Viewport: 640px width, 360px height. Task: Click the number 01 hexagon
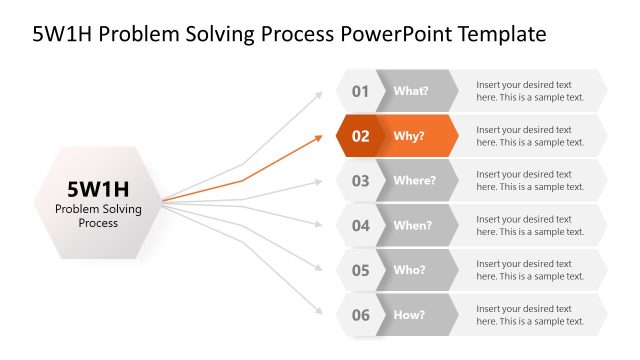pyautogui.click(x=360, y=91)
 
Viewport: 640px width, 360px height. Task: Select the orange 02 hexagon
pyautogui.click(x=360, y=136)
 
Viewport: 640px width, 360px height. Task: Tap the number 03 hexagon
pyautogui.click(x=360, y=181)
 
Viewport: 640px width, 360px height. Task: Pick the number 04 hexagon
pyautogui.click(x=360, y=225)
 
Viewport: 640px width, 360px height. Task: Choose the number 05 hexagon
pyautogui.click(x=360, y=270)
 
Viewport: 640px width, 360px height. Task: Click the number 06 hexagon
pyautogui.click(x=360, y=315)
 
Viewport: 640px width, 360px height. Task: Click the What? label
pyautogui.click(x=411, y=91)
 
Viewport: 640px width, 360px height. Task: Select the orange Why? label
pyautogui.click(x=409, y=136)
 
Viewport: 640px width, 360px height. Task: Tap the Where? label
pyautogui.click(x=414, y=181)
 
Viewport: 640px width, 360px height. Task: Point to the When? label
pyautogui.click(x=413, y=225)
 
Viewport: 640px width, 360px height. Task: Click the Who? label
pyautogui.click(x=410, y=270)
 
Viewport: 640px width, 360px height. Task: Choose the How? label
pyautogui.click(x=410, y=315)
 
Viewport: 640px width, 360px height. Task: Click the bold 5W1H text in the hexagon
pyautogui.click(x=98, y=189)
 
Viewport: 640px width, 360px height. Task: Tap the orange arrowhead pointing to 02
pyautogui.click(x=319, y=136)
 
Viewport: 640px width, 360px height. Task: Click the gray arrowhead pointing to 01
pyautogui.click(x=319, y=94)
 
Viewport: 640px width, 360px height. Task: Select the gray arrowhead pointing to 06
pyautogui.click(x=319, y=312)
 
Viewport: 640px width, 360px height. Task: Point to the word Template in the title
pyautogui.click(x=501, y=34)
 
